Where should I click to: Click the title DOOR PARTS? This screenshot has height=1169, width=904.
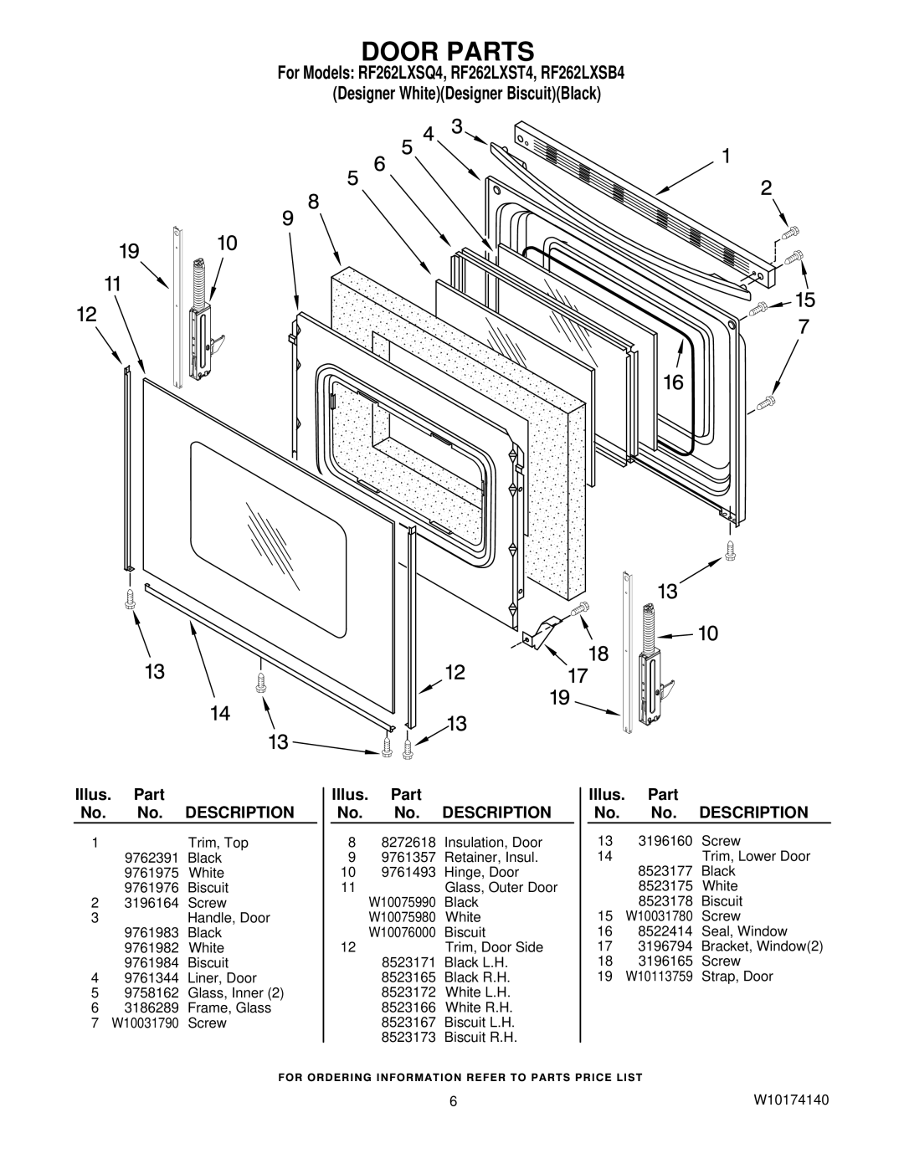[448, 52]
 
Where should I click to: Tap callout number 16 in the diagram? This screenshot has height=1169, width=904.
[673, 382]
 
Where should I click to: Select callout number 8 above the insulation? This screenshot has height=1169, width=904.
[314, 202]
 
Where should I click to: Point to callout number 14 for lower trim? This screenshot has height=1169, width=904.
[220, 713]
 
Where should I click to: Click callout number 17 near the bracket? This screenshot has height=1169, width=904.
[578, 675]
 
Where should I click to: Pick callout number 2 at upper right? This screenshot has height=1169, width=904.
[766, 187]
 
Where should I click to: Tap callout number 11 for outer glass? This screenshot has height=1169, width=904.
[112, 284]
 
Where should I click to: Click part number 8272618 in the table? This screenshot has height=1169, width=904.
[408, 843]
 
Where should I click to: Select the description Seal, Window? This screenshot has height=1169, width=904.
[744, 931]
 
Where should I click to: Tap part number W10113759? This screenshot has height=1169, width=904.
[659, 977]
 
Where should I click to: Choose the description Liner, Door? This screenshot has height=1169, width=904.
[222, 978]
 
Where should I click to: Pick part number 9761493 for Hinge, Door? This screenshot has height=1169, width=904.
[408, 872]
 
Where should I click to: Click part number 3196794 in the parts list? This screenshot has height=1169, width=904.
[665, 946]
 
